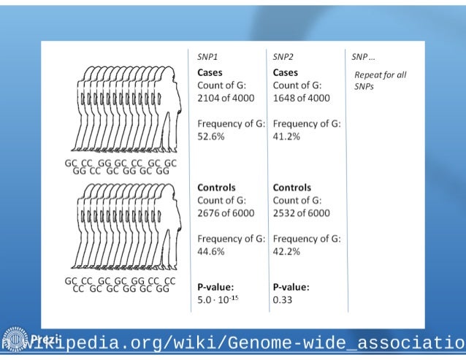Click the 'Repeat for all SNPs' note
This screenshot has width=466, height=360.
click(379, 80)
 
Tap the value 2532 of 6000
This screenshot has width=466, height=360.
click(300, 212)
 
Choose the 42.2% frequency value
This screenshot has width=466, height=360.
click(287, 251)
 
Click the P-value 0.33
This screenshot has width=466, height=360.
click(282, 299)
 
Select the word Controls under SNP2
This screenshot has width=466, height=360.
click(291, 188)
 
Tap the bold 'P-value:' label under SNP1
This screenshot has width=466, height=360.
click(216, 286)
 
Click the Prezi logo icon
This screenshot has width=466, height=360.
click(15, 340)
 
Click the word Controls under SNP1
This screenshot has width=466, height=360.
click(216, 188)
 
